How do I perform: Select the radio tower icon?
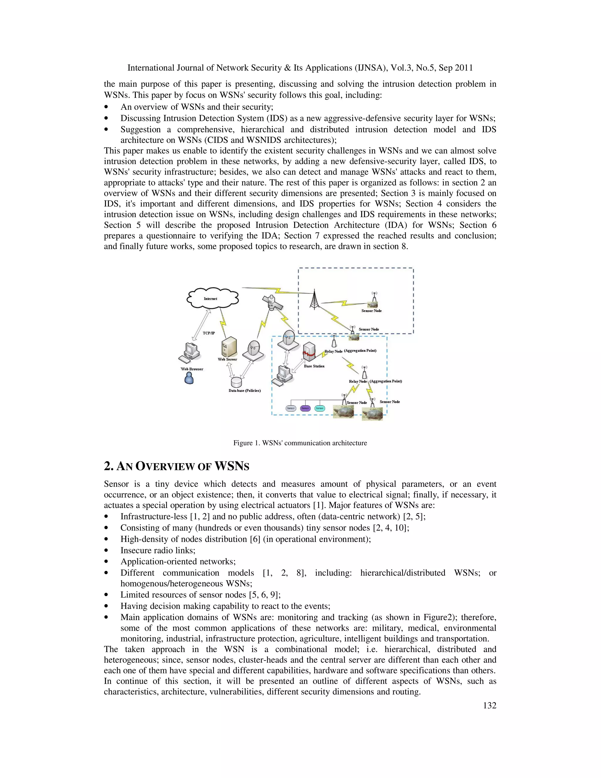click(314, 299)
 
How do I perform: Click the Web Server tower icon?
click(229, 347)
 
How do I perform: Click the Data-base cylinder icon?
click(236, 383)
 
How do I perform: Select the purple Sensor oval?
click(305, 408)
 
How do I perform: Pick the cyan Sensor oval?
click(320, 408)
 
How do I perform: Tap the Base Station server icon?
click(309, 352)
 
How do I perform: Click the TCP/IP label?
click(209, 333)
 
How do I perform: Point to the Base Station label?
click(314, 366)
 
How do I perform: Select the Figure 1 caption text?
click(300, 443)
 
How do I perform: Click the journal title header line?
click(300, 68)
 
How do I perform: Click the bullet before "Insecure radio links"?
click(106, 551)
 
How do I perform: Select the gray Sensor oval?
click(291, 408)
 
